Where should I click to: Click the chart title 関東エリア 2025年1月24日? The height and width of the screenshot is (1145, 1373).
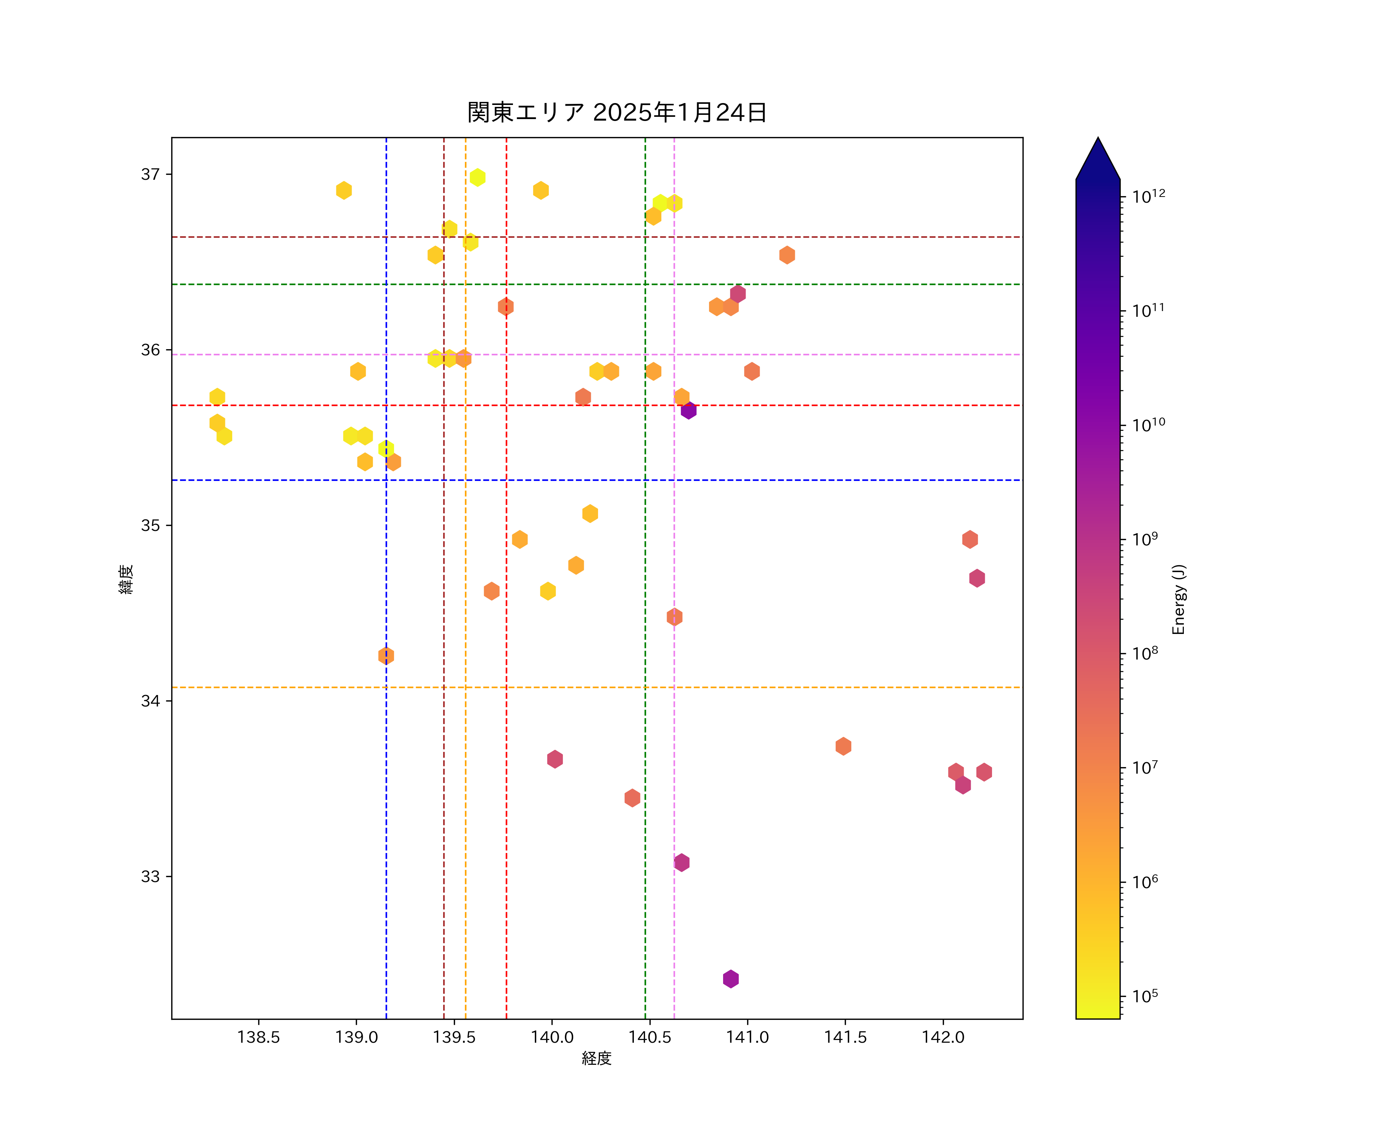[x=617, y=113]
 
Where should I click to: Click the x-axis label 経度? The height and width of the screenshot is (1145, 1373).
[x=596, y=1058]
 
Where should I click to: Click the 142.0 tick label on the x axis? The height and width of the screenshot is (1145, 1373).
[x=943, y=1037]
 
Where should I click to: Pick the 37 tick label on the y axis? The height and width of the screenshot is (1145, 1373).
[x=150, y=175]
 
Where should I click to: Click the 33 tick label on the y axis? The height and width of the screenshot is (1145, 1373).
[x=150, y=877]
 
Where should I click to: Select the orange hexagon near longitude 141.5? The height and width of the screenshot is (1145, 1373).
[x=843, y=746]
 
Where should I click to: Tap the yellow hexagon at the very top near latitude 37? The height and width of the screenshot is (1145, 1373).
[x=477, y=177]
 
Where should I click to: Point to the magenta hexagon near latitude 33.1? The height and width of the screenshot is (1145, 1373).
[x=681, y=862]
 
